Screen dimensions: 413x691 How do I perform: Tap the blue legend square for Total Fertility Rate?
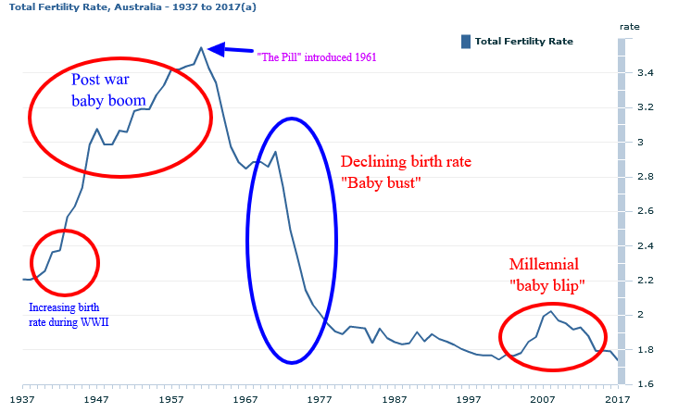(x=466, y=41)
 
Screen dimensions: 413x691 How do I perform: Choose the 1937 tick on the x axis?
(x=22, y=399)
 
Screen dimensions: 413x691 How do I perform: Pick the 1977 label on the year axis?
(x=320, y=399)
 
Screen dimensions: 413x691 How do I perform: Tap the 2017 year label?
(x=616, y=399)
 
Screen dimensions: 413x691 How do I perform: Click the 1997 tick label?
(x=468, y=399)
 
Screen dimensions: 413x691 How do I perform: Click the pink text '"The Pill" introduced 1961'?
(x=317, y=57)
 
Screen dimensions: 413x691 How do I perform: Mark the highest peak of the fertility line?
(x=201, y=47)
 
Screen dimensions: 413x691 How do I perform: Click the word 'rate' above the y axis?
(x=629, y=27)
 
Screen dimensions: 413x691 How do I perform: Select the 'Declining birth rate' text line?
(x=407, y=160)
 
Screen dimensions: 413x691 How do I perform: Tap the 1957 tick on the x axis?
(x=171, y=399)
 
